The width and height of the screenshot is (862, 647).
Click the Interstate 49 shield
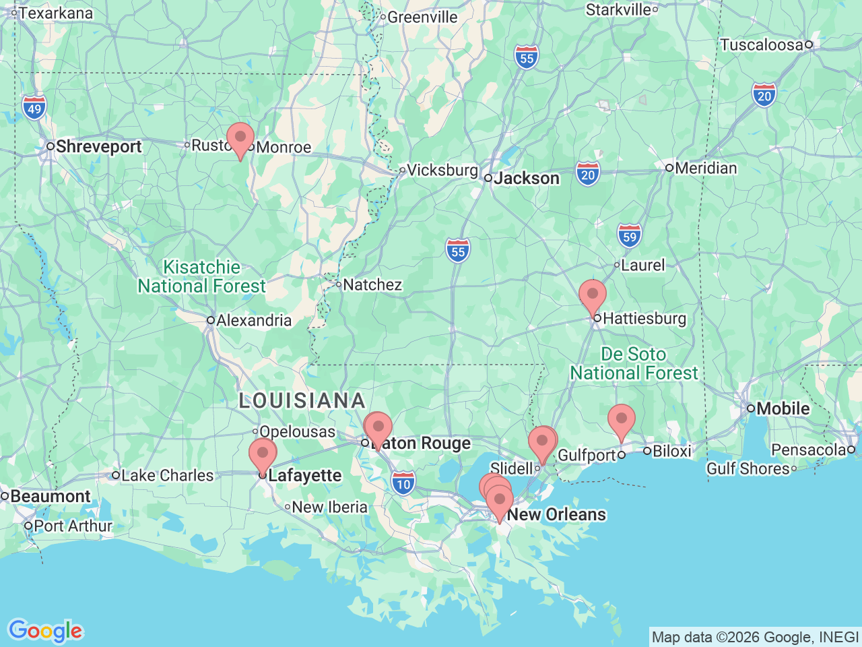(x=34, y=109)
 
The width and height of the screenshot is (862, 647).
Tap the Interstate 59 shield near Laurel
(x=629, y=236)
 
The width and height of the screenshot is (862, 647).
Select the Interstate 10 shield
(x=403, y=483)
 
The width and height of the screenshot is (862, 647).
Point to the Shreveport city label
(x=98, y=146)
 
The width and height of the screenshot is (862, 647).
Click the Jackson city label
(x=526, y=178)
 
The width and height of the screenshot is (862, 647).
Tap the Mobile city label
(x=783, y=408)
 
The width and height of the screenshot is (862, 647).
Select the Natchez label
(x=372, y=284)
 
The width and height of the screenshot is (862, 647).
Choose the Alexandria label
(x=254, y=320)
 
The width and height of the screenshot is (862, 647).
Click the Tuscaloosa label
(x=762, y=44)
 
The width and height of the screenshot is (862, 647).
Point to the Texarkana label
(x=56, y=13)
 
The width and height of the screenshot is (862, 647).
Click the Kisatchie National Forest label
(x=202, y=277)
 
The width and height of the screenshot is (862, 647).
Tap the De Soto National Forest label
(x=634, y=363)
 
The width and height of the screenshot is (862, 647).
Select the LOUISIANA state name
(x=302, y=400)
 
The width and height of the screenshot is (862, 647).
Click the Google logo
(x=45, y=631)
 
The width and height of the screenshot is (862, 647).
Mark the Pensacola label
(x=809, y=450)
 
